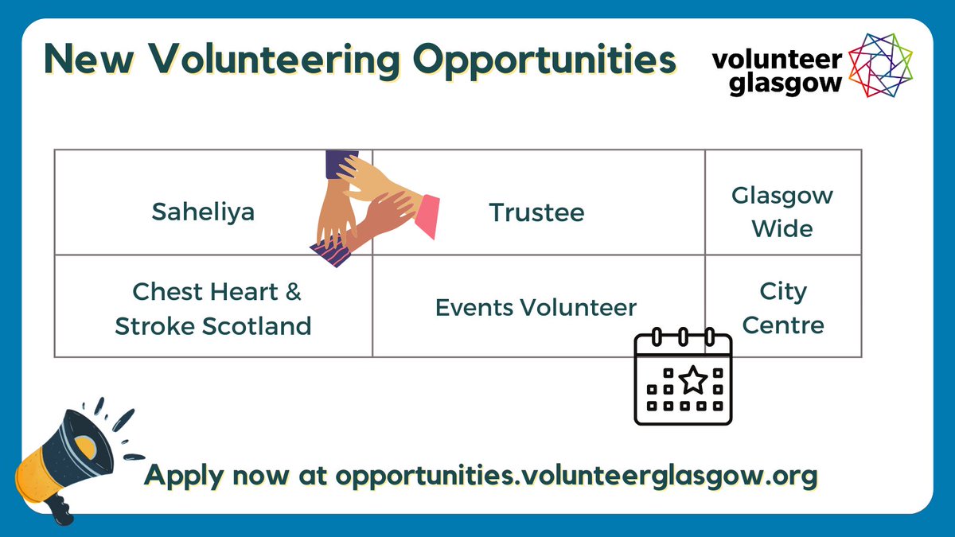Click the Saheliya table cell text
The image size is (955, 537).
pos(203,213)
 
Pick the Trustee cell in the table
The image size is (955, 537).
pos(536,213)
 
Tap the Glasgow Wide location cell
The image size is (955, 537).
pos(782,212)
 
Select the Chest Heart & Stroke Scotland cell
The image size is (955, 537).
pos(213,309)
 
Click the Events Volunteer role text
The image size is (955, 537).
pos(536,308)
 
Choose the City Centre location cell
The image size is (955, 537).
pos(782,308)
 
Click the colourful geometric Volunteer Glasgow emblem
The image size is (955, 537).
pos(880,65)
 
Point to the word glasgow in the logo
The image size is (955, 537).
pos(776,83)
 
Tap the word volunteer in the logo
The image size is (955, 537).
pos(777,60)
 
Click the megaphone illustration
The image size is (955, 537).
pos(68,457)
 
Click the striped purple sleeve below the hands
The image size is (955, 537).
pos(331,255)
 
